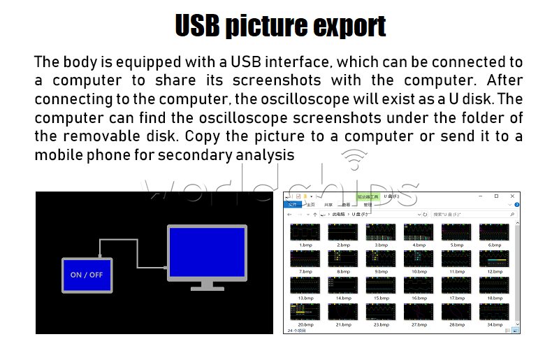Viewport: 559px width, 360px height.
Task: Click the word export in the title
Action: (347, 26)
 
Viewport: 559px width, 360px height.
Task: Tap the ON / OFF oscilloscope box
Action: (87, 275)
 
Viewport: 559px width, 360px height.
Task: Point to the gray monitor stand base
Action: (207, 287)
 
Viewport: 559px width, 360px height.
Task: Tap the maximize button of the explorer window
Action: (496, 196)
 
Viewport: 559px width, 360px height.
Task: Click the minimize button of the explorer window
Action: (478, 196)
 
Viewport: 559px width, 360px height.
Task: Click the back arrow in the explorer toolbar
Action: (289, 214)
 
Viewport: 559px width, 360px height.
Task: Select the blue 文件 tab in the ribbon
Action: (293, 205)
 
